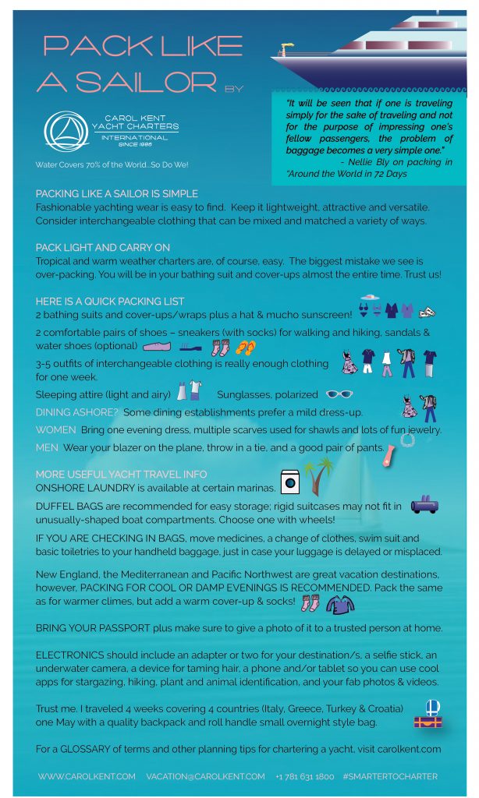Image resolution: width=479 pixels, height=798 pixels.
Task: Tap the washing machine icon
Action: point(290,482)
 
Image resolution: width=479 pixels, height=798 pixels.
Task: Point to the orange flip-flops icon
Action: point(245,347)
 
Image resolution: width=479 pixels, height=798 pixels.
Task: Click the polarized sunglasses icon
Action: point(339,394)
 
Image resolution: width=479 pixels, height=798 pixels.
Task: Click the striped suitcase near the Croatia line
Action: point(428,722)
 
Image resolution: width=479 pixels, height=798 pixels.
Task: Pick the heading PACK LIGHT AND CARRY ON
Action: point(103,247)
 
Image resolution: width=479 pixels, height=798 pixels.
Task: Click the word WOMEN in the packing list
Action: point(56,429)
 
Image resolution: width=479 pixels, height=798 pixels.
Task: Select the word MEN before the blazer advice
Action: point(47,447)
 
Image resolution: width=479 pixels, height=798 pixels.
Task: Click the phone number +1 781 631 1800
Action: point(304,776)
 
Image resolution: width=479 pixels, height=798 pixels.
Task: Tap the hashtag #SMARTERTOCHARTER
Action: point(389,776)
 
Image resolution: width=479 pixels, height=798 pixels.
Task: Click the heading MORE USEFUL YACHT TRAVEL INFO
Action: point(122,474)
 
